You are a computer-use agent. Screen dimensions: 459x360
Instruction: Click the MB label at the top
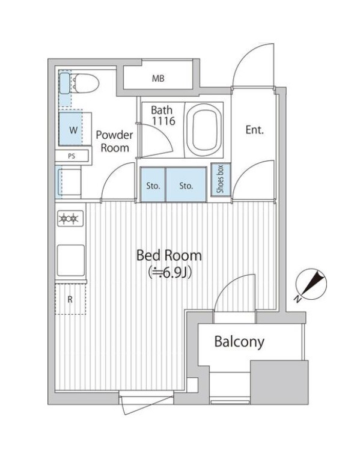[x=158, y=79]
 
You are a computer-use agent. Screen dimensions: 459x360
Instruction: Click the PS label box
[x=72, y=156]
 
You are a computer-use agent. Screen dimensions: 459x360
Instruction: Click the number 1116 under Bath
[x=162, y=121]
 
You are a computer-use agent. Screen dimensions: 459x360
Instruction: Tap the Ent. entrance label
[x=255, y=130]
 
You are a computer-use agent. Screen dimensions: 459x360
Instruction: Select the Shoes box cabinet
[x=219, y=180]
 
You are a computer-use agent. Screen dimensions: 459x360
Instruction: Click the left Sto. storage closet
[x=153, y=186]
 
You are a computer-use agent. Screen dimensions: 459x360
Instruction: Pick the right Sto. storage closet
[x=186, y=186]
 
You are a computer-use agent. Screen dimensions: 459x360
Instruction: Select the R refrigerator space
[x=70, y=299]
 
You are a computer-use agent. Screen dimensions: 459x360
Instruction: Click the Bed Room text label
[x=169, y=255]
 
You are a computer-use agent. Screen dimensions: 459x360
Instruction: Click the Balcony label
[x=239, y=342]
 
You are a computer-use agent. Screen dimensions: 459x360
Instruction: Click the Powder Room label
[x=114, y=141]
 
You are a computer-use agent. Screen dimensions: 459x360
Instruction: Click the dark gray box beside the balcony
[x=279, y=382]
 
